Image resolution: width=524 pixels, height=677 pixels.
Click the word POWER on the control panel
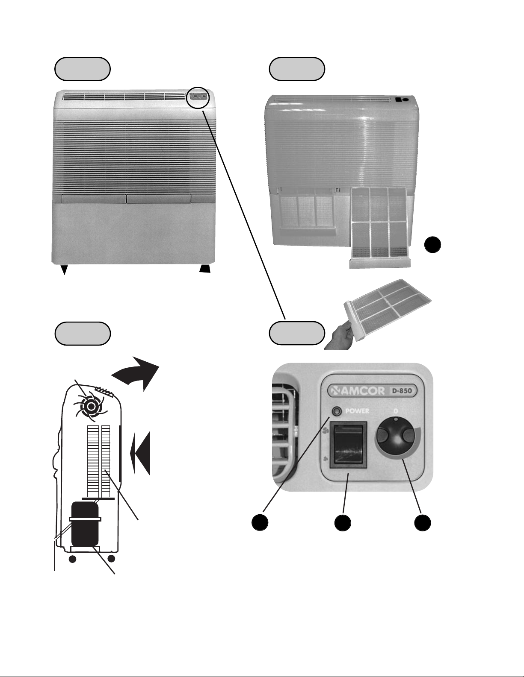pyautogui.click(x=357, y=411)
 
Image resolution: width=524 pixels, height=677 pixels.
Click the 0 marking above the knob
pyautogui.click(x=396, y=411)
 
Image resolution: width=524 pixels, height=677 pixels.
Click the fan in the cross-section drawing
pyautogui.click(x=91, y=406)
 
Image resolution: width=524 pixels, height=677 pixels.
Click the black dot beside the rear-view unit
pyautogui.click(x=432, y=245)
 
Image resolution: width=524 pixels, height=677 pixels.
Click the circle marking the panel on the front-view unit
pyautogui.click(x=198, y=98)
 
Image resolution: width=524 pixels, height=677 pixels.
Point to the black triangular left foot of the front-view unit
pyautogui.click(x=64, y=270)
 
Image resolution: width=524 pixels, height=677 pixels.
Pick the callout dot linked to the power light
pyautogui.click(x=260, y=522)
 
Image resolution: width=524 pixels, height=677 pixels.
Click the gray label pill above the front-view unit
pyautogui.click(x=82, y=69)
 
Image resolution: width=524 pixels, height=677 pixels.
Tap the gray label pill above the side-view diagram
pyautogui.click(x=82, y=334)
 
